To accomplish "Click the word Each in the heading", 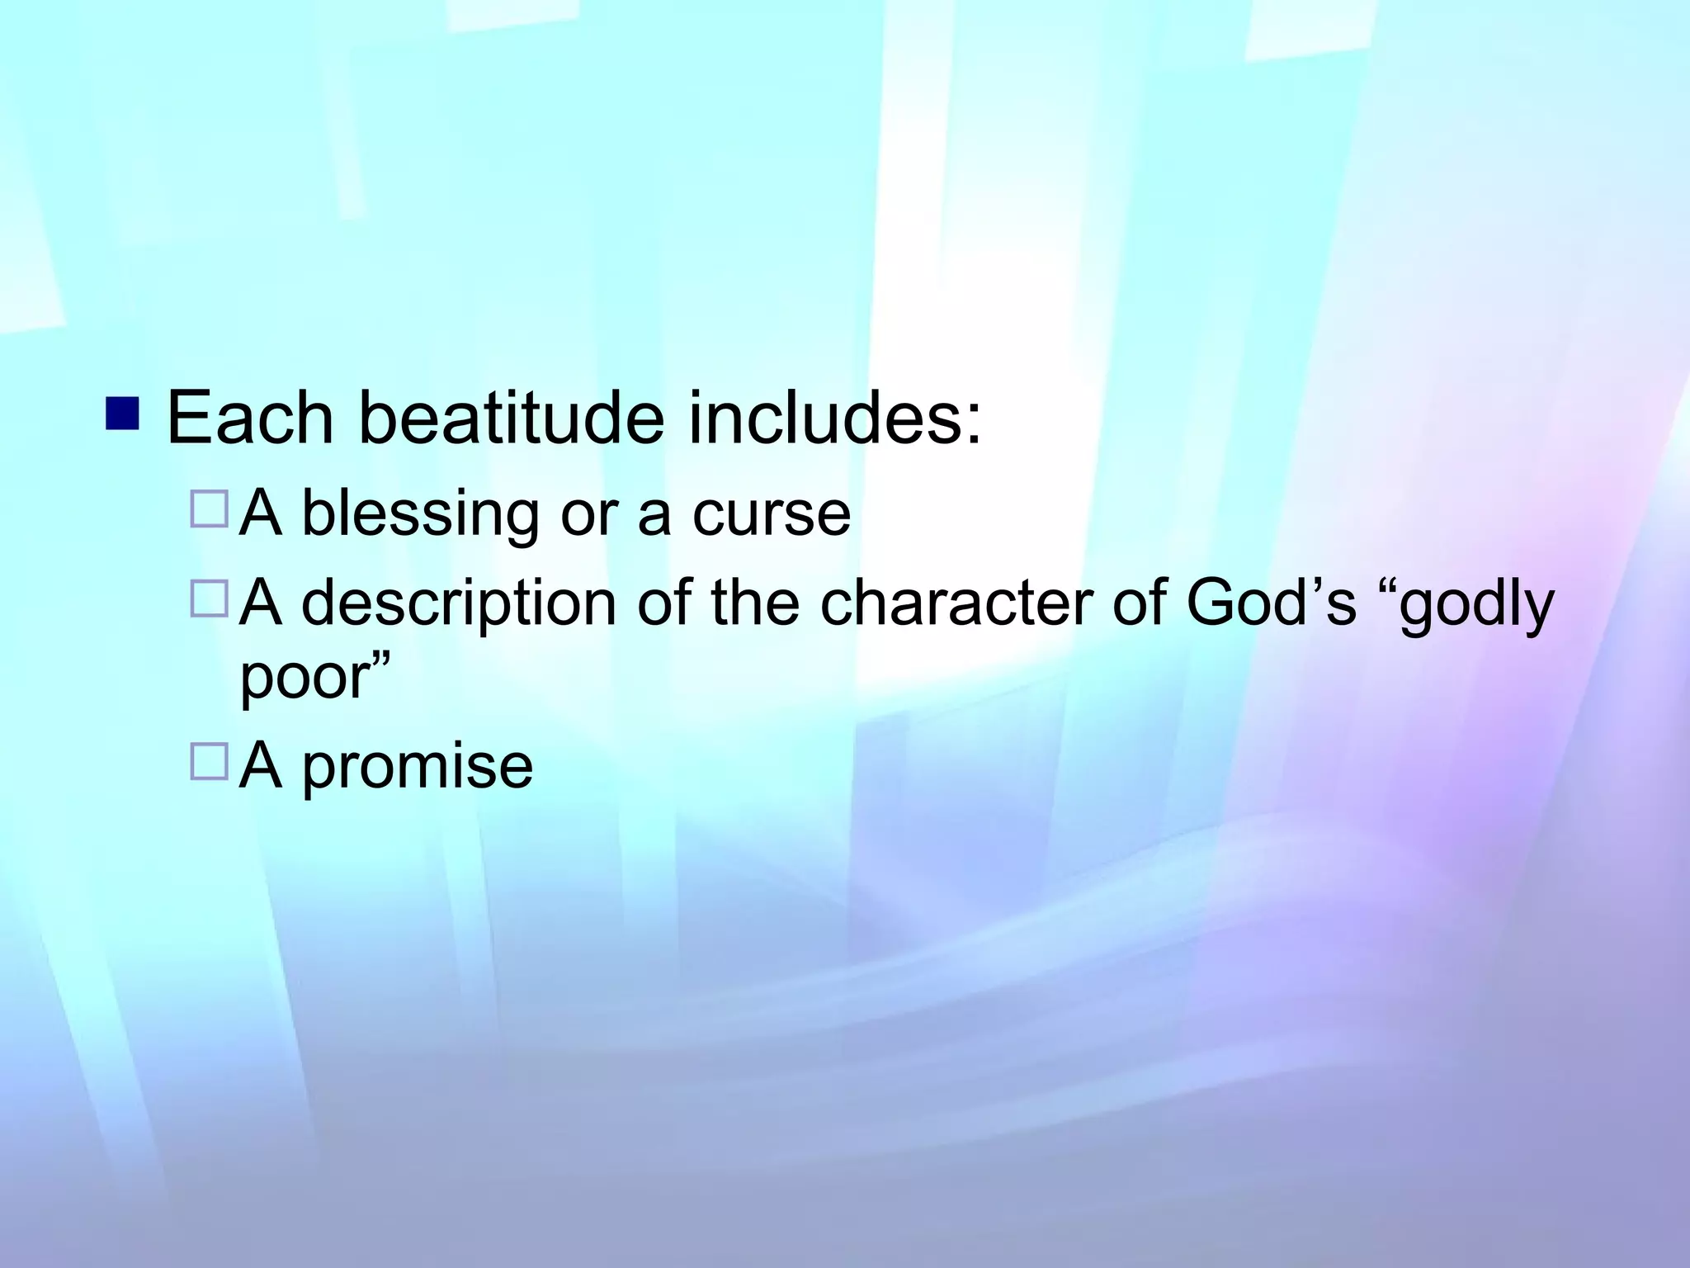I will point(249,419).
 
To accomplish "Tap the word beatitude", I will point(511,419).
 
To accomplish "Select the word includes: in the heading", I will point(835,419).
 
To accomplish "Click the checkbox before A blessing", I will point(209,509).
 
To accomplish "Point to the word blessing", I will point(420,514).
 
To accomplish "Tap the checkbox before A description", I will point(209,599).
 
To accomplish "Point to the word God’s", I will point(1271,603).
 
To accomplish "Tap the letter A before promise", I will point(261,765).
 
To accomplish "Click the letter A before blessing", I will point(261,513).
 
